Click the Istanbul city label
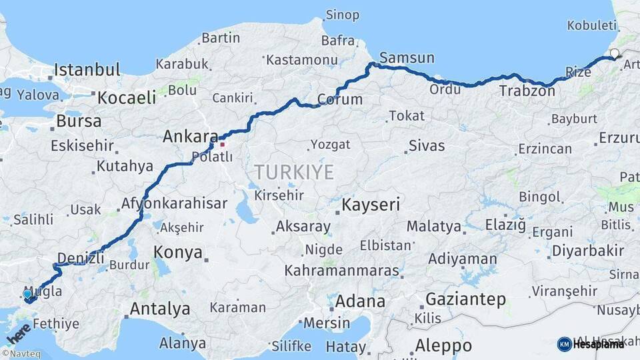coord(87,69)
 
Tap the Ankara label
coord(187,137)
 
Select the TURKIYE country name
coord(293,173)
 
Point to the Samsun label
coord(407,58)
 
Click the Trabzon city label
coord(527,91)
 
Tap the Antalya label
coord(159,309)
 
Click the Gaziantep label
coord(465,299)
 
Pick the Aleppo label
coord(443,346)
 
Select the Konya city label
coord(177,252)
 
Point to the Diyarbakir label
coord(588,251)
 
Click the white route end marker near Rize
coord(614,53)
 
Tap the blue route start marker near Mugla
coord(27,294)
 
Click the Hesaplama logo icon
coord(564,344)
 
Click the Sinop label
coord(343,15)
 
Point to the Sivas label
coord(427,146)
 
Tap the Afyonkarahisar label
coord(174,204)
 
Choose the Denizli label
coord(81,258)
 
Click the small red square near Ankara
coord(222,143)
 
